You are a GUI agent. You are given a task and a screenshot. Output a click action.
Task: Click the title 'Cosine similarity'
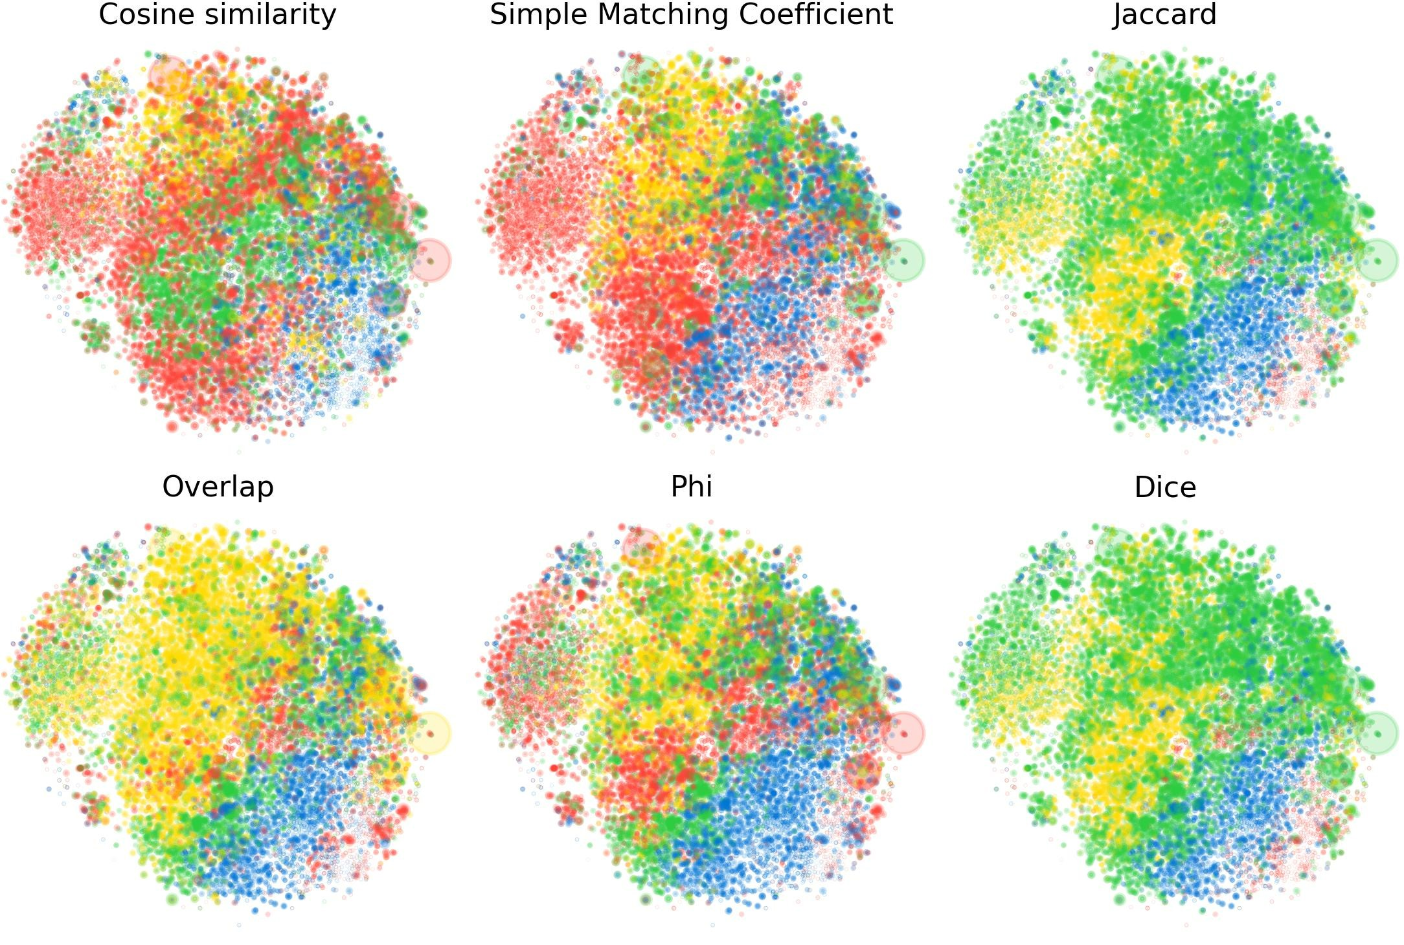(217, 14)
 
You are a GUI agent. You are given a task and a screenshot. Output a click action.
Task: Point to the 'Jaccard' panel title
(1164, 14)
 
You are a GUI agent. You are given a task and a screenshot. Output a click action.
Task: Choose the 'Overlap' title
(218, 487)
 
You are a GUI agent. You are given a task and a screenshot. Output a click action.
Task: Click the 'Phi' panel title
(691, 487)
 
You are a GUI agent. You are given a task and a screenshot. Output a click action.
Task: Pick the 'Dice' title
(1164, 487)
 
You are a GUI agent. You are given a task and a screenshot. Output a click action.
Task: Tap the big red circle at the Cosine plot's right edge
(429, 261)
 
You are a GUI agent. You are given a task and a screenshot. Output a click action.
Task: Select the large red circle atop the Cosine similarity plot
(168, 75)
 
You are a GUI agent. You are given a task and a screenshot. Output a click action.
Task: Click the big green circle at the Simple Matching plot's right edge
(903, 261)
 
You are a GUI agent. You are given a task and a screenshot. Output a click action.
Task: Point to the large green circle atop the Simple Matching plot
(642, 74)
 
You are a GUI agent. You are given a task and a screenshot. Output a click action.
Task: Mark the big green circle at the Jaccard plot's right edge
(1377, 261)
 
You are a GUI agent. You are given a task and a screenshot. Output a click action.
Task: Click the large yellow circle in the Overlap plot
(429, 733)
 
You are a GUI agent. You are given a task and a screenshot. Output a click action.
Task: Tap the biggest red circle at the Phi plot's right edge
(903, 733)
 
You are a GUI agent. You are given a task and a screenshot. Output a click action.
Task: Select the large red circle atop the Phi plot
(642, 548)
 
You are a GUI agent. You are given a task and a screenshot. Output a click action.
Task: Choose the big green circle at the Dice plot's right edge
(1377, 733)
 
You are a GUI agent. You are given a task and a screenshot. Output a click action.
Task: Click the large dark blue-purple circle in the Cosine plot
(389, 298)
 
